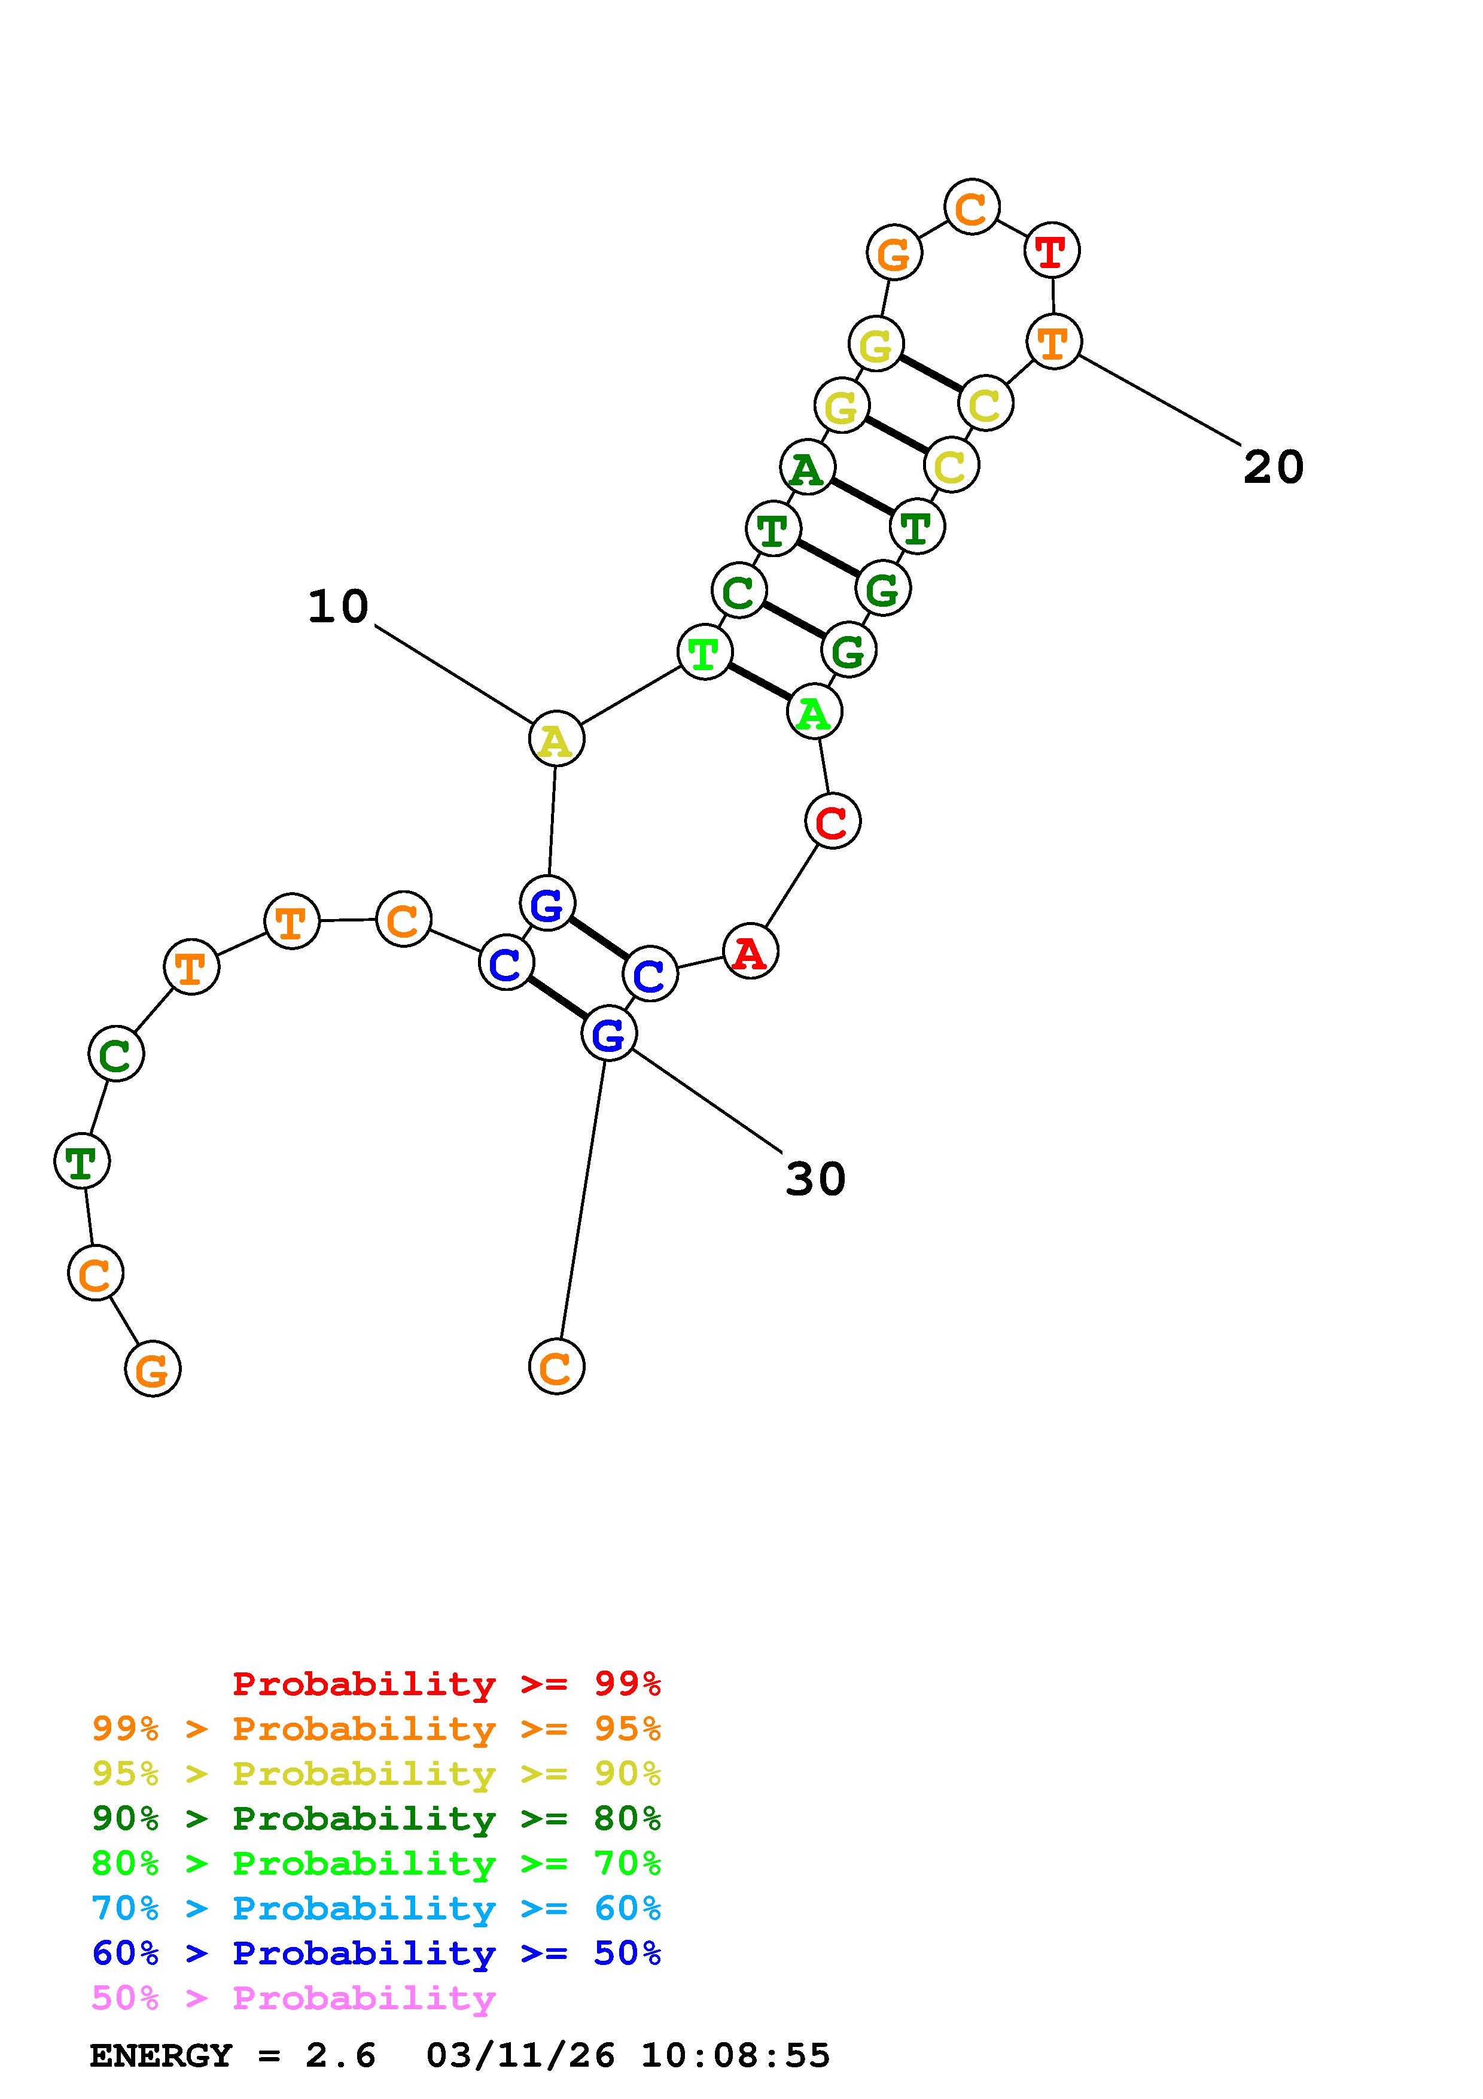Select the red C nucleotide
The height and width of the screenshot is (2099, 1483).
click(x=832, y=821)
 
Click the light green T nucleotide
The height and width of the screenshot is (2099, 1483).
click(x=704, y=653)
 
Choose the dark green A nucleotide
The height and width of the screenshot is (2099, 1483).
click(x=807, y=468)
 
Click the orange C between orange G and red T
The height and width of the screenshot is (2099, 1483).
click(x=972, y=208)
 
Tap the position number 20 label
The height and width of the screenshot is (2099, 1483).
click(x=1273, y=467)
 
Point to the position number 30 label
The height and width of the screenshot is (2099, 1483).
click(x=815, y=1178)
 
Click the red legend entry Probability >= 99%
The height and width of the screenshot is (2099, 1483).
click(x=446, y=1683)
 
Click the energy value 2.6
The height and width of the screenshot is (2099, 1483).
click(x=340, y=2055)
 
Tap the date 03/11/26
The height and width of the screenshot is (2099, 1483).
click(x=520, y=2055)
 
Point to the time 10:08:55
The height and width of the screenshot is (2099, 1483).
click(x=735, y=2055)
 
